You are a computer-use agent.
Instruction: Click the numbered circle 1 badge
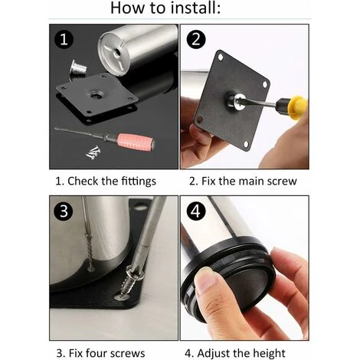(64, 40)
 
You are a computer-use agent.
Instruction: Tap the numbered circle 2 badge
(196, 39)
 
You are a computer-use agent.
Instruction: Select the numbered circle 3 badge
(64, 211)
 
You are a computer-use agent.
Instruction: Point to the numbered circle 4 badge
(196, 211)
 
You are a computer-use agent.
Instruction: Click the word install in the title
(195, 8)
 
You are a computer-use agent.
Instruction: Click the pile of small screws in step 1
(93, 152)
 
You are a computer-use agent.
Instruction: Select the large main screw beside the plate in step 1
(78, 67)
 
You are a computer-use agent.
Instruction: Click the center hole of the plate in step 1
(97, 96)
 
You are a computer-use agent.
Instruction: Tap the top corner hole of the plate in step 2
(221, 57)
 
